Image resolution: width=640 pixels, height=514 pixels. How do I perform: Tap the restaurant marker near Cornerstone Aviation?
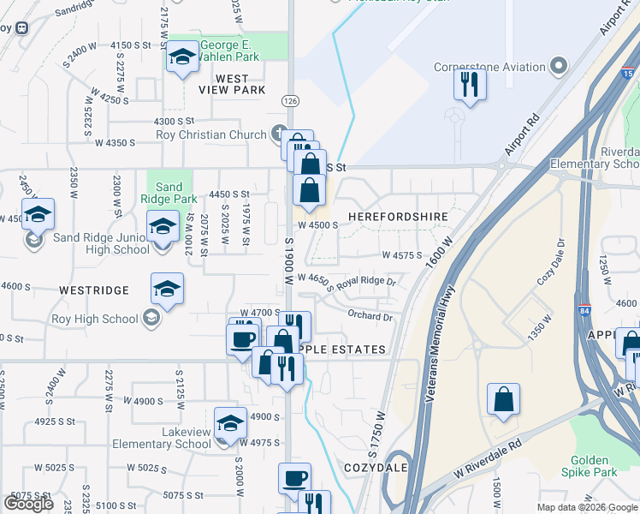[x=469, y=85]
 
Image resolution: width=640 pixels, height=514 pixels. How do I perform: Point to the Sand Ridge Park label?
[x=169, y=193]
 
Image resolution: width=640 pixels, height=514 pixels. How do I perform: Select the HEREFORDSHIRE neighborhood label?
[x=393, y=218]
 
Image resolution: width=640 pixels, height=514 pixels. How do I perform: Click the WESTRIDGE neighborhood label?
[x=94, y=290]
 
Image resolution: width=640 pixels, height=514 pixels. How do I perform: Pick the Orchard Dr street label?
[x=370, y=316]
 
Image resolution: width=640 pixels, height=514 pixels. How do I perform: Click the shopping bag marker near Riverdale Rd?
[x=503, y=398]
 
